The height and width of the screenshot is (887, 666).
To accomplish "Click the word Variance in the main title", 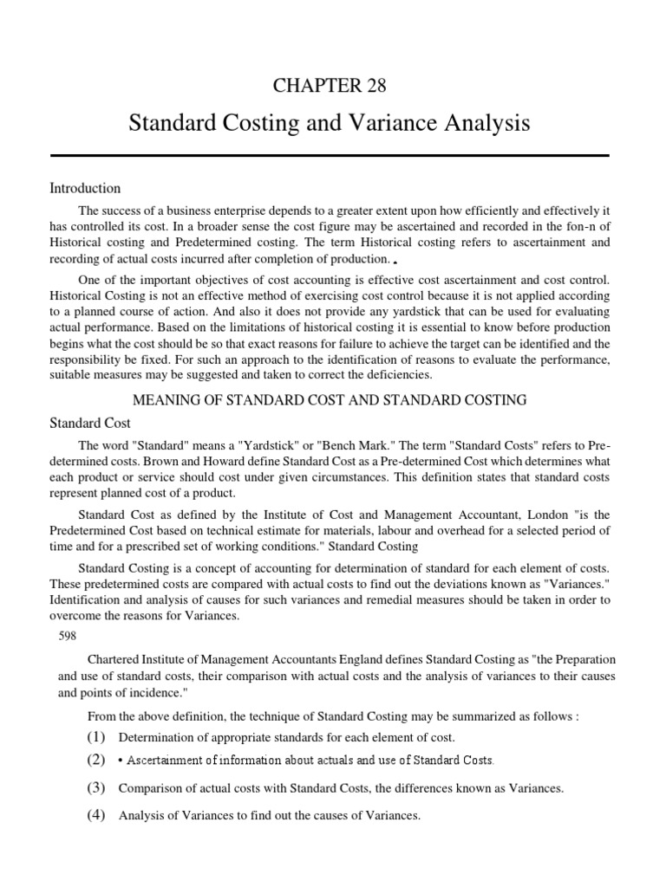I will tap(402, 123).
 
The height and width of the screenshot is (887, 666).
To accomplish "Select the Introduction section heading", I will tap(85, 188).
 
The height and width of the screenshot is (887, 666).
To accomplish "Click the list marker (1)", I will tap(95, 737).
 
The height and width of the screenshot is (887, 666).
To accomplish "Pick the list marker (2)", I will tap(95, 760).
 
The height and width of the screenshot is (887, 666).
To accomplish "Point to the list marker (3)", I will tap(95, 788).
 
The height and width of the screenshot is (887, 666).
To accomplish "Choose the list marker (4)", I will tap(95, 814).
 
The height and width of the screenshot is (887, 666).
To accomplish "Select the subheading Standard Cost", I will tap(90, 423).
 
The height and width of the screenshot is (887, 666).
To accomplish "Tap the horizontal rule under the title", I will tap(330, 155).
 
